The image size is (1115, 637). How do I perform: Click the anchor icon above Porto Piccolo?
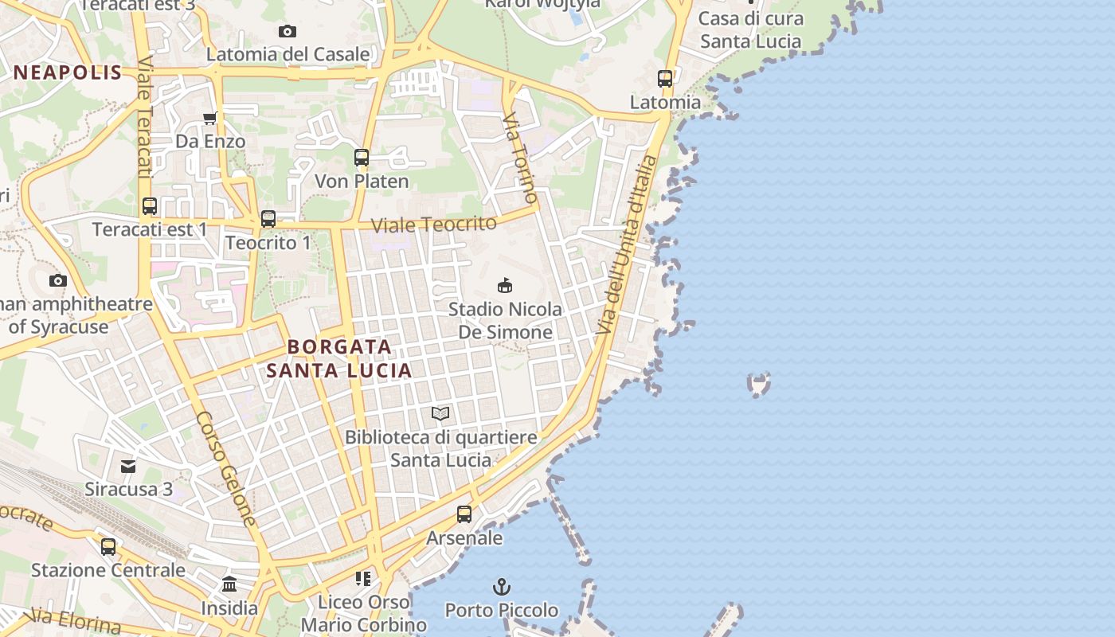coord(501,588)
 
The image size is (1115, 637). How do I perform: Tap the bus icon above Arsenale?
coord(464,514)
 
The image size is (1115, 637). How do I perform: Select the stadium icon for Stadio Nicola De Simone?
coord(504,285)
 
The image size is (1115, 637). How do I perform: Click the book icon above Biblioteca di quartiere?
coord(440,413)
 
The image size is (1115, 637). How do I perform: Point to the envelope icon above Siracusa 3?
coord(128,466)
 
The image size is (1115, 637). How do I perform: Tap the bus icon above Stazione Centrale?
coord(108,547)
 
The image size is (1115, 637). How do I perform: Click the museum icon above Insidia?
coord(229,584)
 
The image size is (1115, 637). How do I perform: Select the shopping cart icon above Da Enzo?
coord(210,119)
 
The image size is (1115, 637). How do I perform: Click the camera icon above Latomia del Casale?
coord(288,31)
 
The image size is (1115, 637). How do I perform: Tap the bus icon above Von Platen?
coord(362,158)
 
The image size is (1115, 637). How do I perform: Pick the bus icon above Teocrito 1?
coord(268,218)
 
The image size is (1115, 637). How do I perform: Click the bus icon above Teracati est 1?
coord(150,206)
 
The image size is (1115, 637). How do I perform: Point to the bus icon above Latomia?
coord(665,79)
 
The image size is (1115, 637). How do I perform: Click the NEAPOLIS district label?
coord(68,73)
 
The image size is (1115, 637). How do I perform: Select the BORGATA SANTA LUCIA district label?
coord(339,358)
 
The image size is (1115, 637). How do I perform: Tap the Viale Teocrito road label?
coord(434,225)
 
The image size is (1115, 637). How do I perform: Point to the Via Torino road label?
coord(521,157)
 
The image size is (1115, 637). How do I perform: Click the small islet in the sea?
coord(759,385)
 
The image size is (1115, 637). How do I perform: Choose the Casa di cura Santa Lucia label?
coord(751,29)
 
